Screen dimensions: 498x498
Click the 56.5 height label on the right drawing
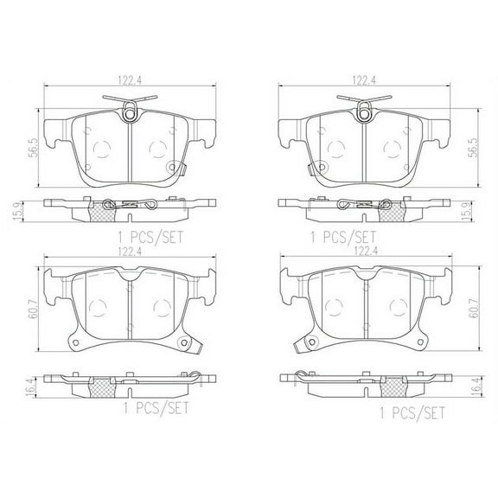coord(472,144)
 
